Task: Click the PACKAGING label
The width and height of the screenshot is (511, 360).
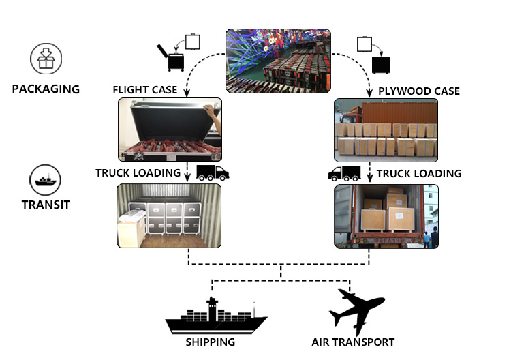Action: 46,89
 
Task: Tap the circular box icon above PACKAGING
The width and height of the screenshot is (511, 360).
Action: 46,59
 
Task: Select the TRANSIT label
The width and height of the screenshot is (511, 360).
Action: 46,204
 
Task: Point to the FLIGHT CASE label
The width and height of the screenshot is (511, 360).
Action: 145,90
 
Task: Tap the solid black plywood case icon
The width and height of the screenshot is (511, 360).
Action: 381,65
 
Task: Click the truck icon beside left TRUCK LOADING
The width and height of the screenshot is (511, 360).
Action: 213,172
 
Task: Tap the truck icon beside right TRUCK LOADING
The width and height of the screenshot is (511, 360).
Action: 344,173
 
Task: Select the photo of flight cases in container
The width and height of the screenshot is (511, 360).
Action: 170,215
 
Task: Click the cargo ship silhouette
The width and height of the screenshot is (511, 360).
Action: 216,316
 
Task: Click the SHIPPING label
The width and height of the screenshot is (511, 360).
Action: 211,342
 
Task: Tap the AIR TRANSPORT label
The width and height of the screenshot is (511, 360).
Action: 353,342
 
